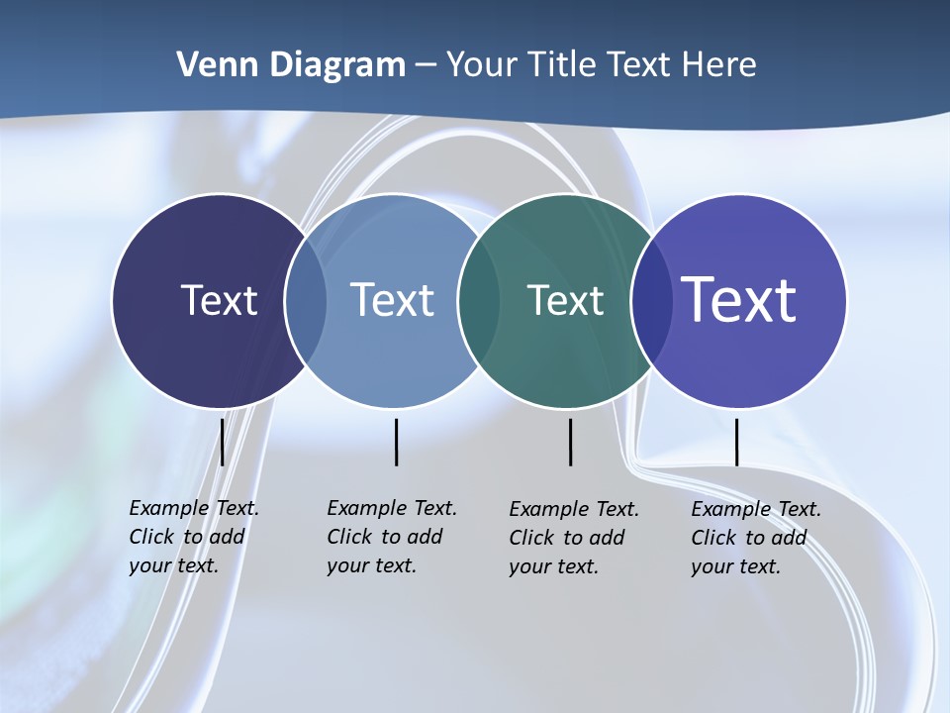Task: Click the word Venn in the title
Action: tap(205, 65)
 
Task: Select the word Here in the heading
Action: tap(719, 65)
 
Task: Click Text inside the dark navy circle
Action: tap(219, 300)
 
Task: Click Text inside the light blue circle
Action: tap(392, 300)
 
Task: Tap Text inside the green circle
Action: tap(565, 300)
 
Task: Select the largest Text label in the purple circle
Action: tap(739, 300)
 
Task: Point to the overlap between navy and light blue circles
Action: tap(306, 300)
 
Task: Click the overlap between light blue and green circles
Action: tap(479, 300)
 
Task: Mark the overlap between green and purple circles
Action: tap(651, 300)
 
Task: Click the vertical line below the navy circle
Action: tap(222, 442)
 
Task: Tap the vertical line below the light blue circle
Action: tap(396, 442)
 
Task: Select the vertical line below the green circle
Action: tap(570, 442)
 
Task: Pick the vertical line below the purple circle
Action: tap(736, 442)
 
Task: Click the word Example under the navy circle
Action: tap(168, 508)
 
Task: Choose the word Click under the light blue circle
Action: tap(349, 537)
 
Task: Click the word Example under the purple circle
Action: tap(730, 509)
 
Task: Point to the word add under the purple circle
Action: tap(789, 538)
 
